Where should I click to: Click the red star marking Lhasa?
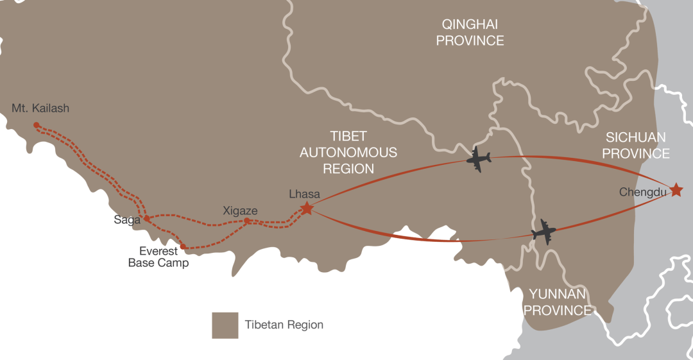307,208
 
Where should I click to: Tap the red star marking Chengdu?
676,190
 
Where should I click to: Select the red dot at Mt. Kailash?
37,125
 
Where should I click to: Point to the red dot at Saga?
147,218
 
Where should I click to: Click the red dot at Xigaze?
247,221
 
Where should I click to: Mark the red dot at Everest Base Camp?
184,246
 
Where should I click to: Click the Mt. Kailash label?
40,108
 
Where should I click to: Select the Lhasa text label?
304,194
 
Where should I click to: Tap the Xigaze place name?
240,210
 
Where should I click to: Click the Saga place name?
127,220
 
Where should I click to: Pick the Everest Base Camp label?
158,257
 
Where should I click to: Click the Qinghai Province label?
470,32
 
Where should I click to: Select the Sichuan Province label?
635,145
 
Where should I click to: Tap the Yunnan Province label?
557,302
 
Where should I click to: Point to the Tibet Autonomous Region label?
348,152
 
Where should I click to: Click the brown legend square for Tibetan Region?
225,325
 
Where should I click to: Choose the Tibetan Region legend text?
284,325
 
